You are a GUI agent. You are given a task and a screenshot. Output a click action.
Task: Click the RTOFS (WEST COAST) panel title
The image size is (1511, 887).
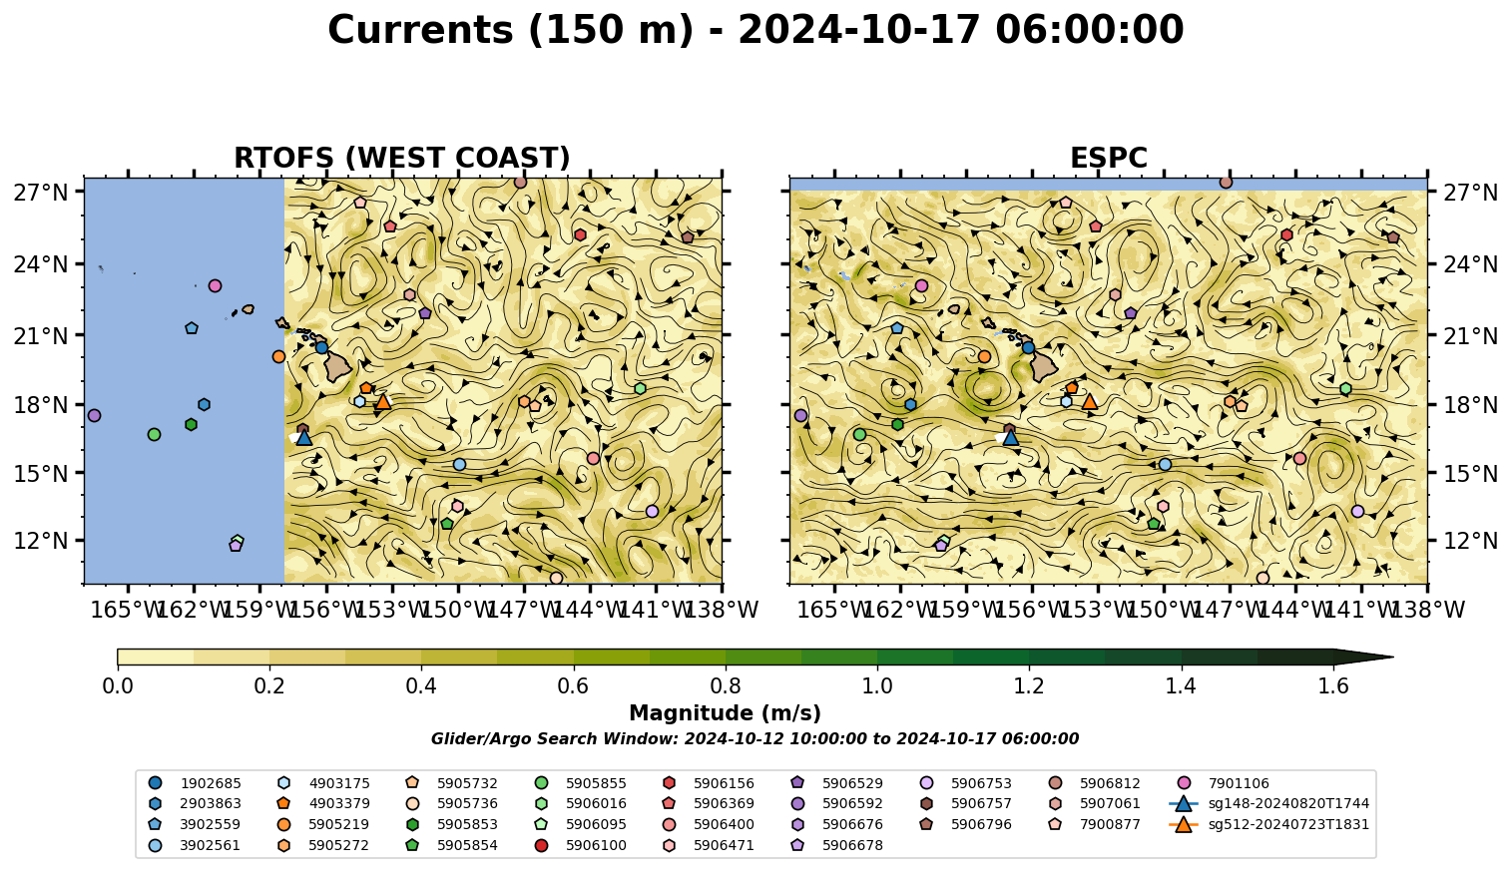402,159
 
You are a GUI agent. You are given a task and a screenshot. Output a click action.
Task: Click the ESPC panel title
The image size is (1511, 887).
1108,159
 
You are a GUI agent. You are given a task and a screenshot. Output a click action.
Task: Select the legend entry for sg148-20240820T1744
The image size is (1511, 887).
1268,804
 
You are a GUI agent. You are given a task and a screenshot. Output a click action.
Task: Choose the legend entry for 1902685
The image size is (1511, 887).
195,783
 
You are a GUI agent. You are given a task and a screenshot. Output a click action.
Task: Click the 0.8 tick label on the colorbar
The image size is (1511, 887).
726,686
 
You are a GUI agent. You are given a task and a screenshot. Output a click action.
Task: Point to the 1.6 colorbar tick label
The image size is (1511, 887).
1333,686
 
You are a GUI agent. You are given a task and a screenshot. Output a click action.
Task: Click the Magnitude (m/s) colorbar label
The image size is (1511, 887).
726,713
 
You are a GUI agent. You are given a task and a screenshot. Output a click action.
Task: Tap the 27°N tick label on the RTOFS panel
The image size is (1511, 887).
41,193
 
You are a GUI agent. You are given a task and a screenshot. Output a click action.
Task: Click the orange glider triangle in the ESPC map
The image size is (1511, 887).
1090,402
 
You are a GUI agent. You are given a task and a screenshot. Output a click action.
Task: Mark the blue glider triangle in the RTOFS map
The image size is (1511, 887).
304,438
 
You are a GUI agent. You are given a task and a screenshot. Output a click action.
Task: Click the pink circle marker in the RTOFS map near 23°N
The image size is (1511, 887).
215,286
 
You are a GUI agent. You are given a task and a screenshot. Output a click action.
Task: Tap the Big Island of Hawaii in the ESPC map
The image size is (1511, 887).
1044,367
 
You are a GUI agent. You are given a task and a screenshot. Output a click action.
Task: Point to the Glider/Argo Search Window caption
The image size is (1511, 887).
755,738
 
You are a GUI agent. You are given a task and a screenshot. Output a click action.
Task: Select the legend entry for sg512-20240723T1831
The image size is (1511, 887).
1268,824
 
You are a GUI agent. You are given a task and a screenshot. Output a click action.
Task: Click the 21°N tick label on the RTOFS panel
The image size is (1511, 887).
41,335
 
